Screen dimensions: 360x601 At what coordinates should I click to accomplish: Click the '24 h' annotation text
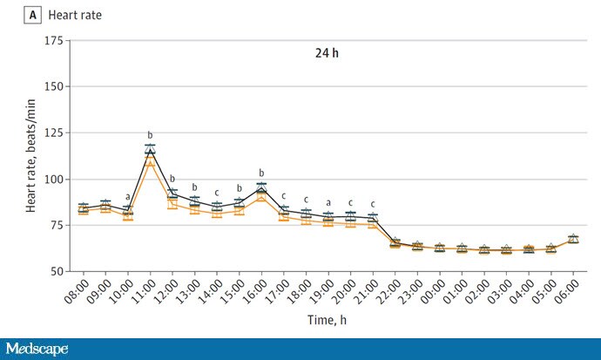pos(328,53)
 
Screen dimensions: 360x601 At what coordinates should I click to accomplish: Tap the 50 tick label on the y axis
pos(56,271)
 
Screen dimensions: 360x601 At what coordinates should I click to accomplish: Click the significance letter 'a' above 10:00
pos(128,197)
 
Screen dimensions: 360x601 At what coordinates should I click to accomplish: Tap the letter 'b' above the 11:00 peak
pos(150,134)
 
